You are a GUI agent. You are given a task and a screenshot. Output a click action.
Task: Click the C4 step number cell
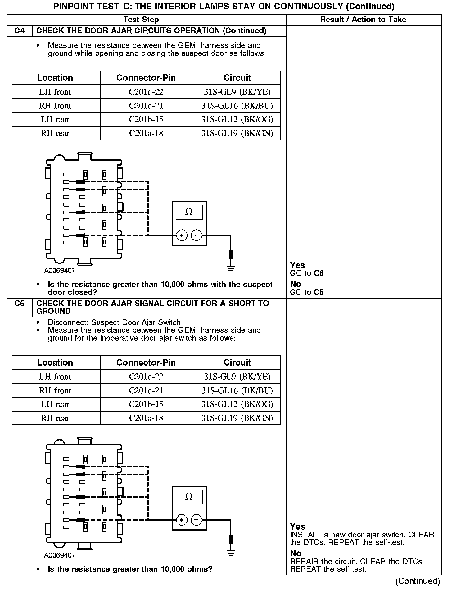tap(20, 31)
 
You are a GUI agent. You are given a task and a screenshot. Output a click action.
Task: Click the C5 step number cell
tap(20, 304)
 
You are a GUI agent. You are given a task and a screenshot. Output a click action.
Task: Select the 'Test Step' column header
tap(141, 20)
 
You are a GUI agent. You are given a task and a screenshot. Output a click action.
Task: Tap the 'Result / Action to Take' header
tap(363, 20)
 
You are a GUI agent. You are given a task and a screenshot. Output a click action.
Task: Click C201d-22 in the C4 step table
tap(146, 92)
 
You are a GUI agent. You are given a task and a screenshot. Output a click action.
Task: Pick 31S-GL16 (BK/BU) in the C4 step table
tap(237, 106)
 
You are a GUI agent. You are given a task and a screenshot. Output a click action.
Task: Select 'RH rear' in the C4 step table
tap(55, 133)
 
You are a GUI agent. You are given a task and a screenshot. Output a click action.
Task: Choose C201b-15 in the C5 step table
tap(146, 404)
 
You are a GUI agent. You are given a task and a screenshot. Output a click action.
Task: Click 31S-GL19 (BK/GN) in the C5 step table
tap(237, 418)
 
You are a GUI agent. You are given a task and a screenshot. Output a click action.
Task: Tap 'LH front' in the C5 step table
tap(55, 377)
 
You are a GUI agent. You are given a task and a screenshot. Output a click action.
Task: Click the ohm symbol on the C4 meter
tap(189, 212)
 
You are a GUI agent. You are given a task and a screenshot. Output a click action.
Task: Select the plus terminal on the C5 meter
tap(182, 520)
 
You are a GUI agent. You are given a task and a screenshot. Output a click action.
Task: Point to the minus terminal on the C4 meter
tap(196, 235)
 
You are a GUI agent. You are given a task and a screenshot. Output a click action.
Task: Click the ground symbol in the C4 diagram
tap(231, 268)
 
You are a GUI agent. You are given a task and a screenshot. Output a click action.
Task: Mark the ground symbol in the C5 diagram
tap(231, 553)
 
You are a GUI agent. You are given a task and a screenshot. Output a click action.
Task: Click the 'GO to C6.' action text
tap(308, 273)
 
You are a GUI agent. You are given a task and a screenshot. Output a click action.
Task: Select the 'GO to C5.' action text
tap(308, 292)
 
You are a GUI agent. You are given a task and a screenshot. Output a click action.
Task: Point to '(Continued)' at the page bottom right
tap(418, 581)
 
